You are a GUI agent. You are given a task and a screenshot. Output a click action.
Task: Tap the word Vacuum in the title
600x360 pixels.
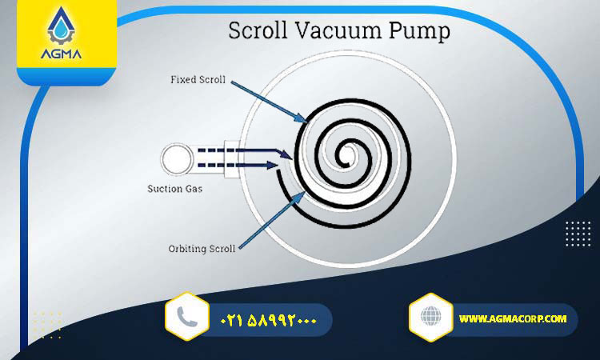pos(338,30)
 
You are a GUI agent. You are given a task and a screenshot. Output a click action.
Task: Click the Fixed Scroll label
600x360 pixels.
pos(198,79)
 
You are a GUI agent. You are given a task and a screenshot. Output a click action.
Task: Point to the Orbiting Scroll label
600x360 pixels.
pos(202,249)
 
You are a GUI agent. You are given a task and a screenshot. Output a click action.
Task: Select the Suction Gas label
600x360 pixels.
pos(175,189)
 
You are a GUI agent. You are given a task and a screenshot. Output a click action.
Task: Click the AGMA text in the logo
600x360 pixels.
pos(62,54)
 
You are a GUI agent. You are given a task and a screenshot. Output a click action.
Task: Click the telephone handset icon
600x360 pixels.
pos(187,317)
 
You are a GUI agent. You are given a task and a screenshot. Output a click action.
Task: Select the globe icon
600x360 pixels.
pos(431,317)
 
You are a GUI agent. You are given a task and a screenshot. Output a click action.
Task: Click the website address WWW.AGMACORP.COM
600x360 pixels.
pos(513,318)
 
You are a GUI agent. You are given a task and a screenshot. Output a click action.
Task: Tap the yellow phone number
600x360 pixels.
pos(269,320)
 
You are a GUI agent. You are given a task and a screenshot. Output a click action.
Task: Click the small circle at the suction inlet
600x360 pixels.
pos(177,159)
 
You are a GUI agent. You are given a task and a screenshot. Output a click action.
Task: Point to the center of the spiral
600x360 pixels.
pos(347,156)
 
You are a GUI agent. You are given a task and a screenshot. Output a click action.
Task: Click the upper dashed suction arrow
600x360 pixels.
pos(246,152)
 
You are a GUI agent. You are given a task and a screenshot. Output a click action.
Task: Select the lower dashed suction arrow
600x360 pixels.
pos(238,166)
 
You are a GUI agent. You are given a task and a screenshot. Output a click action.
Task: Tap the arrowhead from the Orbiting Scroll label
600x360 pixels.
pos(299,197)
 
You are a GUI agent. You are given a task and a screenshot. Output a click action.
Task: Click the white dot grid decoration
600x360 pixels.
pos(578,234)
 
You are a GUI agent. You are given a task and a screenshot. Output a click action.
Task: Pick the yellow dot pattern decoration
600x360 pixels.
pos(47,325)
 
